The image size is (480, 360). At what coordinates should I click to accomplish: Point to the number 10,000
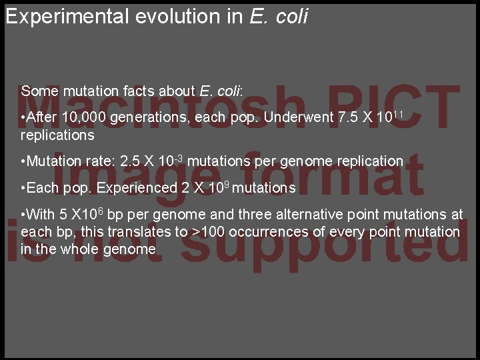[x=83, y=118]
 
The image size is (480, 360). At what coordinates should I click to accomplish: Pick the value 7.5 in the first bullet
[x=349, y=118]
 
